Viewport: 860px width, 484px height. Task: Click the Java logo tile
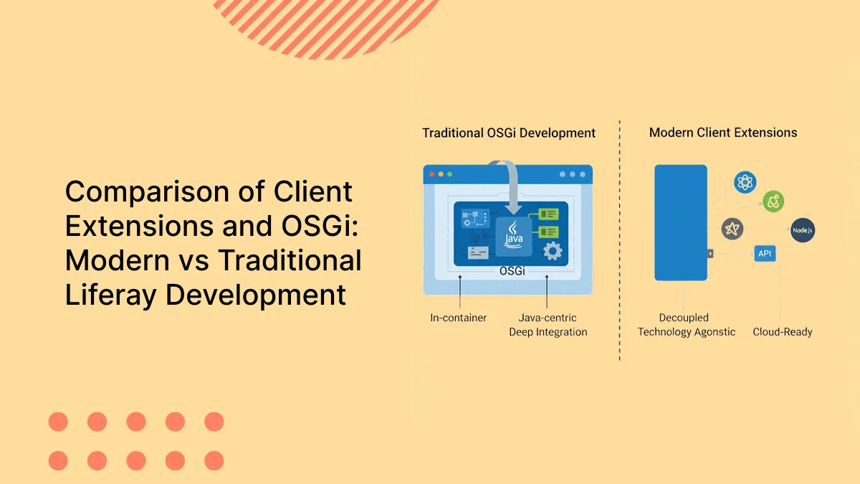514,236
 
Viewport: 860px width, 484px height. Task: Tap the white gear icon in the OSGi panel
552,251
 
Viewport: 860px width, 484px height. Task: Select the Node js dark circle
803,230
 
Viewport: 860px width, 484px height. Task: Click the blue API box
764,253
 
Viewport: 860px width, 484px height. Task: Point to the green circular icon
773,201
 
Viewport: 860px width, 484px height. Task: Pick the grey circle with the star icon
732,229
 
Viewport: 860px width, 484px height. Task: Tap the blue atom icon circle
745,183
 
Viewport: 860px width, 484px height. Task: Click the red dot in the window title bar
430,174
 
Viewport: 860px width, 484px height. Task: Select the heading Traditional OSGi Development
509,133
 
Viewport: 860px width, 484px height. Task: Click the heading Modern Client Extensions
723,133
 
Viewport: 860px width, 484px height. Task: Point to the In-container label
458,318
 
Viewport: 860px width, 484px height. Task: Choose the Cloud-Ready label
782,332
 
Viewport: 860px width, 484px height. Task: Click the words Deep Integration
548,332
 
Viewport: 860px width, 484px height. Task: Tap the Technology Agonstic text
687,332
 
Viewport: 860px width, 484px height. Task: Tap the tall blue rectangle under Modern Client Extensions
680,222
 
